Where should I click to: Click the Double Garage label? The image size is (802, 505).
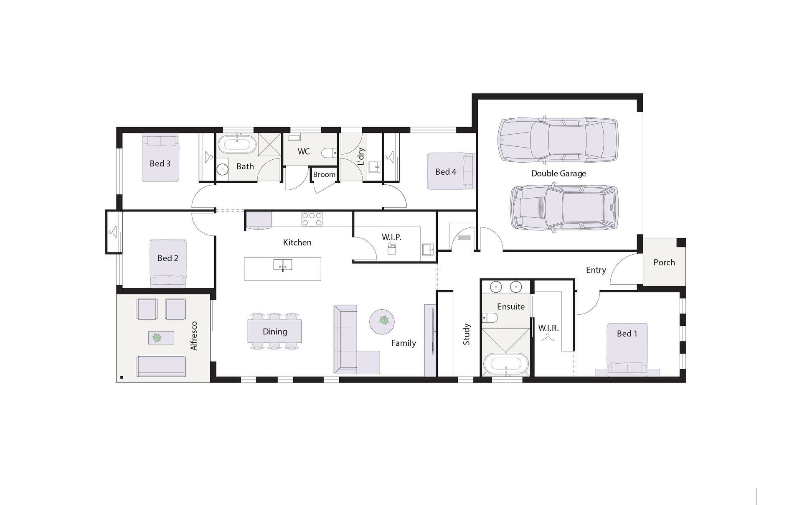[x=558, y=173]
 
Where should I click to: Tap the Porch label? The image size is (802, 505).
[x=664, y=262]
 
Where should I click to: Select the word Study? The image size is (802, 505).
[x=467, y=334]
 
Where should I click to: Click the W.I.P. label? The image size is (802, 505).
[x=391, y=237]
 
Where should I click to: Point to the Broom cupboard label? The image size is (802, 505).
[x=324, y=174]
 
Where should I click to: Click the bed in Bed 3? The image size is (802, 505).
[x=160, y=158]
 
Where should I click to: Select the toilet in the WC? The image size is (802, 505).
[x=329, y=153]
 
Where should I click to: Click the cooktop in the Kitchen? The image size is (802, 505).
[x=312, y=219]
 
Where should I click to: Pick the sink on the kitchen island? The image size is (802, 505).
[x=283, y=265]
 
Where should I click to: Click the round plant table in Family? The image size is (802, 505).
[x=382, y=321]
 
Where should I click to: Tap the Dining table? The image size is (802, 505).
[x=274, y=331]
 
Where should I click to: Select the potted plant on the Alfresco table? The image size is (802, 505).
[x=157, y=337]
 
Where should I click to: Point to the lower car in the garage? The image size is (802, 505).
[x=564, y=208]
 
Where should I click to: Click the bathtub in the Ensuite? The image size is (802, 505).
[x=505, y=364]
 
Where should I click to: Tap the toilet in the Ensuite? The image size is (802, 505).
[x=489, y=318]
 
